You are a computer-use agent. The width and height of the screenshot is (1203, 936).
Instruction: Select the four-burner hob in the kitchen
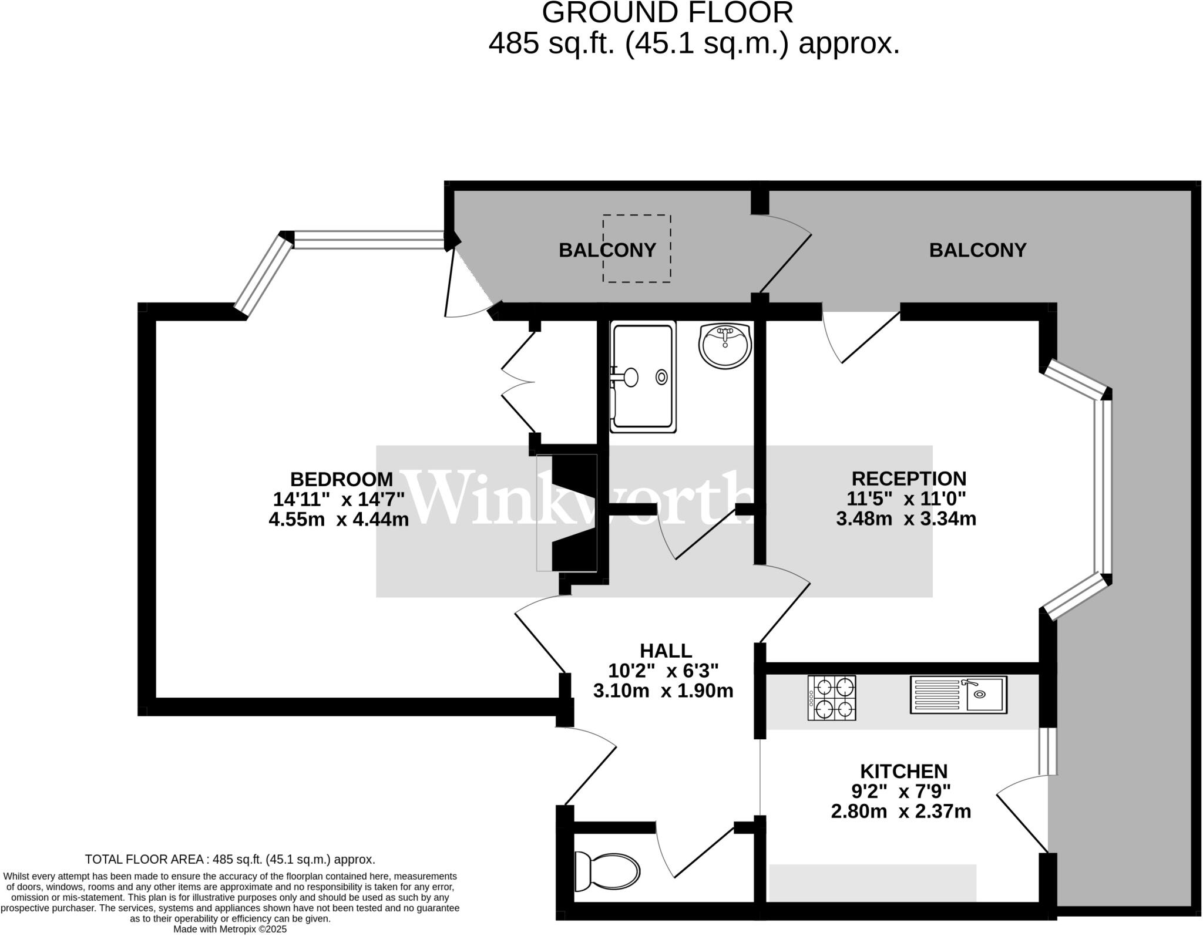[831, 698]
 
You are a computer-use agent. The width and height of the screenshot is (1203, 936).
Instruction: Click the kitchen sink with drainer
[958, 695]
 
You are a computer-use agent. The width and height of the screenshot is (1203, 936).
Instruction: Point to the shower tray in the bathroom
[643, 376]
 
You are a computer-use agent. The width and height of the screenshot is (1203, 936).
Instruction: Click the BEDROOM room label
[341, 479]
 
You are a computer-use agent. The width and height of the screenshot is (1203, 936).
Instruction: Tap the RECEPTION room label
[908, 479]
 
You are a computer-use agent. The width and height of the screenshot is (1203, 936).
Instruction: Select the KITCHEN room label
[903, 771]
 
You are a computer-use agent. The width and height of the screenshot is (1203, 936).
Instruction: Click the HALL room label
[666, 651]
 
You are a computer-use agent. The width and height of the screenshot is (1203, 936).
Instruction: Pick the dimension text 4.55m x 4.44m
[338, 519]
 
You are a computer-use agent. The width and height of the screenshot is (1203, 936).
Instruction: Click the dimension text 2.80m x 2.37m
[900, 812]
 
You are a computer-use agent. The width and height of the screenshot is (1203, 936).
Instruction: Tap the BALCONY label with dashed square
[607, 250]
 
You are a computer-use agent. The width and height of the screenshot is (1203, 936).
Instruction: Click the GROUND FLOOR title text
[667, 13]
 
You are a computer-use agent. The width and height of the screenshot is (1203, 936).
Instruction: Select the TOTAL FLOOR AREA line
[230, 859]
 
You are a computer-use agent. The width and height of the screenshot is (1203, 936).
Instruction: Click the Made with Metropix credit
[230, 930]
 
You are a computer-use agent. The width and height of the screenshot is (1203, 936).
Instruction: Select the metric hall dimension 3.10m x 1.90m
[663, 691]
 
